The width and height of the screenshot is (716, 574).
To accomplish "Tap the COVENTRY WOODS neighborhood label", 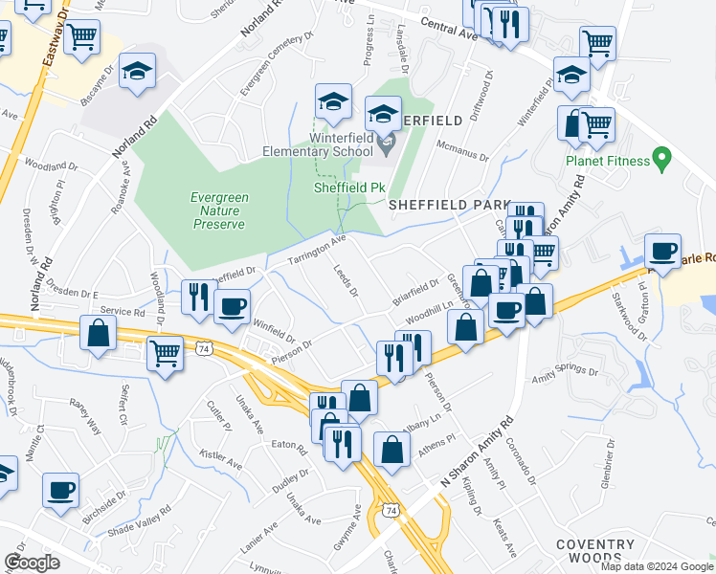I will (x=594, y=551).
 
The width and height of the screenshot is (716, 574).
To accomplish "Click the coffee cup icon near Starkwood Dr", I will (x=662, y=251).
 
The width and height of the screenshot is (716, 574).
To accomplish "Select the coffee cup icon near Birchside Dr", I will (x=60, y=490).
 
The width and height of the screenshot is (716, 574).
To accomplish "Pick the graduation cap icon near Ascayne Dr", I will (x=139, y=72).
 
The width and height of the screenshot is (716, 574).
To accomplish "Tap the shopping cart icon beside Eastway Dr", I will (x=82, y=36).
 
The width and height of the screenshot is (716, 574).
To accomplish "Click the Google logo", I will (x=33, y=563).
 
